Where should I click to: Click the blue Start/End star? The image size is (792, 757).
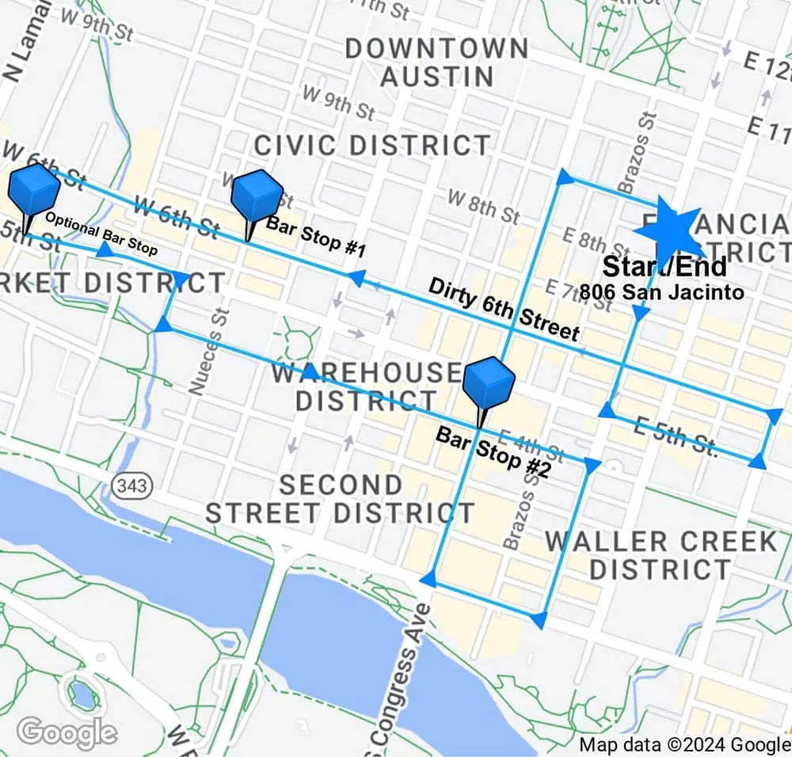pos(667,230)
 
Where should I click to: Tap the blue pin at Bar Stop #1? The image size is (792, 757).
pos(256,197)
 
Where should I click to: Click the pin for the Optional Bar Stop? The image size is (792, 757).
pos(33,191)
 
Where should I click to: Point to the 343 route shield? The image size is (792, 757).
pos(129,485)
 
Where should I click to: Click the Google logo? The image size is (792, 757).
pos(67,732)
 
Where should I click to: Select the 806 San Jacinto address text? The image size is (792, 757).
pos(661,292)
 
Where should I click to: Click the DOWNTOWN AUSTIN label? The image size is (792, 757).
pos(437,62)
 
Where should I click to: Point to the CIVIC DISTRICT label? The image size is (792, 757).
pos(372,146)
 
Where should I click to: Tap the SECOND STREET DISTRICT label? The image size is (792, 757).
pos(340,499)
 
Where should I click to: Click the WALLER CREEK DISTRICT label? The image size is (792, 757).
pos(661,555)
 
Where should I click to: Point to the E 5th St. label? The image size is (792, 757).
pos(676,436)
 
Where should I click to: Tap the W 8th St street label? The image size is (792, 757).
pos(483,206)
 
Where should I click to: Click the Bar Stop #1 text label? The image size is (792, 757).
pos(315,238)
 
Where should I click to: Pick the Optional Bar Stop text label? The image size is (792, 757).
pos(101,233)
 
